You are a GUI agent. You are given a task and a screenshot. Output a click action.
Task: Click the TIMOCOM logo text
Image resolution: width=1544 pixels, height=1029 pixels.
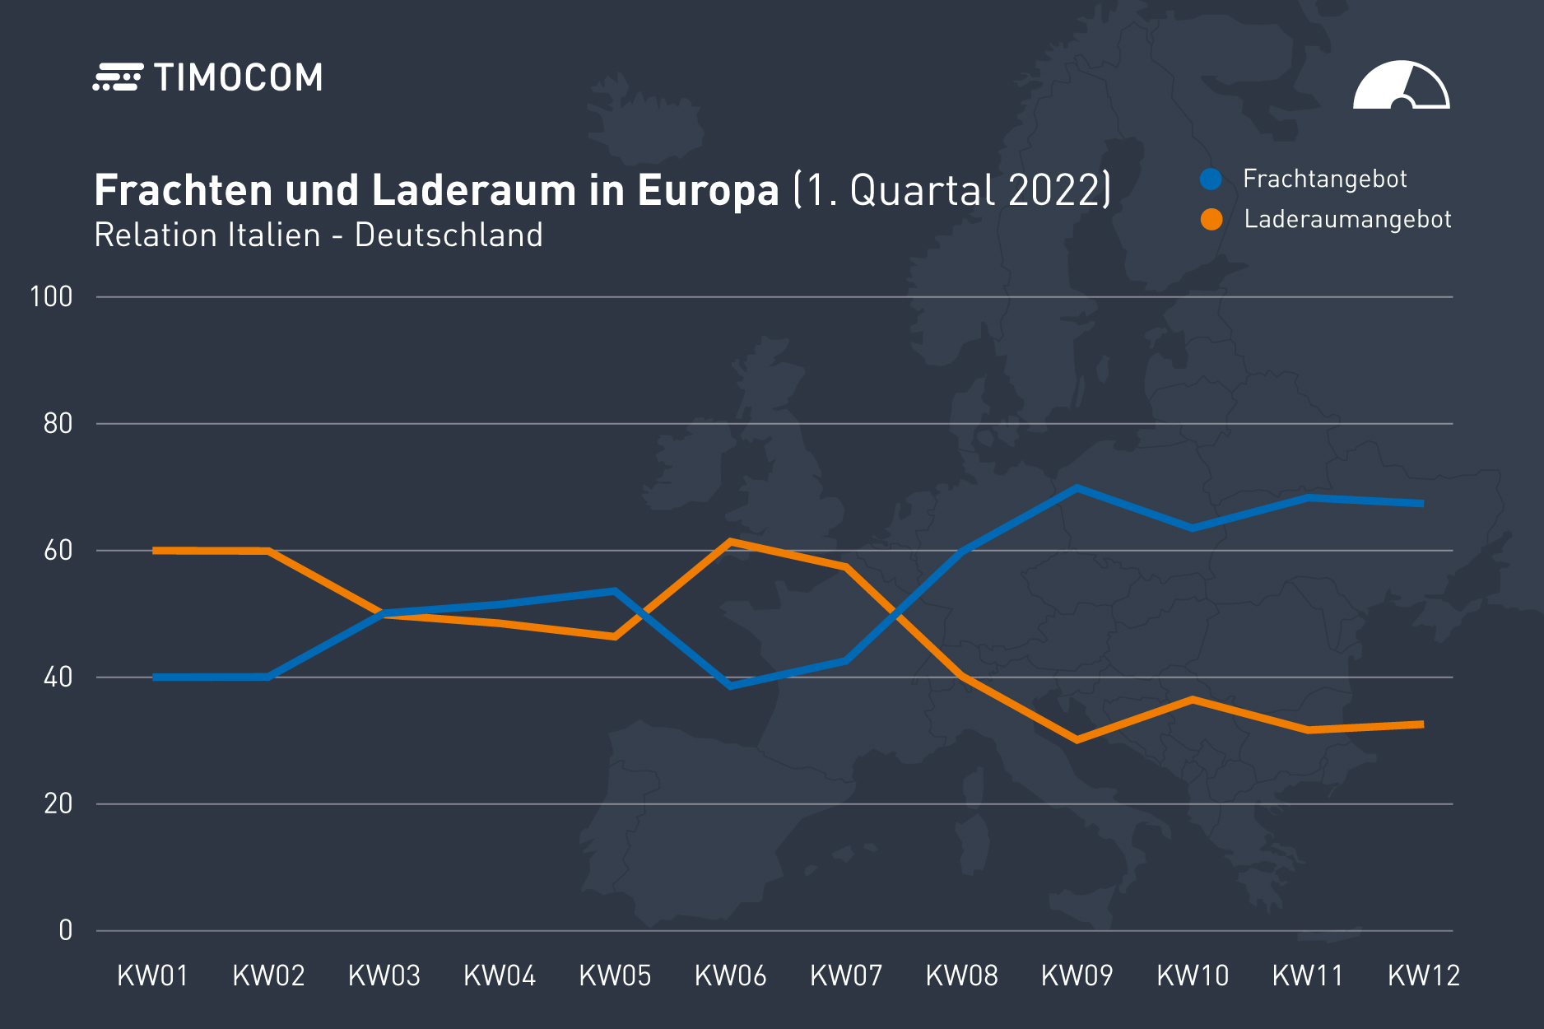point(238,78)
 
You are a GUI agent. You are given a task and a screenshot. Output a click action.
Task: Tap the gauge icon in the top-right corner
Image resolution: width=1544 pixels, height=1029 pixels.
point(1401,86)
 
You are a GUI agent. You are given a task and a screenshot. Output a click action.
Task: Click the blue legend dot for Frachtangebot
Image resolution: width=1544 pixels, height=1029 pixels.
point(1211,179)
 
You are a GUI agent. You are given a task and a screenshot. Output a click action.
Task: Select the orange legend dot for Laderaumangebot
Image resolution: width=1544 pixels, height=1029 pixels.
point(1211,219)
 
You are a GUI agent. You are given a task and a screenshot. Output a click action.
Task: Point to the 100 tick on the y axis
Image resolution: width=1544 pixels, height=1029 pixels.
point(51,296)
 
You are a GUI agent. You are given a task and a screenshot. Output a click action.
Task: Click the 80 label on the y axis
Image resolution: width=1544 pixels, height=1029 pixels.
point(58,423)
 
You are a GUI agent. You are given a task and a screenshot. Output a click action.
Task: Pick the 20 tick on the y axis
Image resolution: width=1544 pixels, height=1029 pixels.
point(58,803)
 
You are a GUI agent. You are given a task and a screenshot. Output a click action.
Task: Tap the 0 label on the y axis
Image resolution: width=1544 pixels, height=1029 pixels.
point(66,930)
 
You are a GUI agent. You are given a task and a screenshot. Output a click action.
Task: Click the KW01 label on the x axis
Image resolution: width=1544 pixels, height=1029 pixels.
point(153,975)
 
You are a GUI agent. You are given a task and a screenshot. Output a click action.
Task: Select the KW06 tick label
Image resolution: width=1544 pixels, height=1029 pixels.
point(731,975)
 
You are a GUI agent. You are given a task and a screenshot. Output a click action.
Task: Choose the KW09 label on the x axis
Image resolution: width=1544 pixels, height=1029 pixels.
point(1077,975)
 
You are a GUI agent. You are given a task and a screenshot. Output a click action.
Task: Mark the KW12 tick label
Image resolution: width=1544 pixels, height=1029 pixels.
point(1424,975)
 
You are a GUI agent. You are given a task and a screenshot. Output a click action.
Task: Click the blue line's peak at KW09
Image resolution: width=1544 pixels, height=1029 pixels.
point(1077,487)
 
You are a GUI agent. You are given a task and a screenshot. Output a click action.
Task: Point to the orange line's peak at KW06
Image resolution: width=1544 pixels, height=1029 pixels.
point(731,541)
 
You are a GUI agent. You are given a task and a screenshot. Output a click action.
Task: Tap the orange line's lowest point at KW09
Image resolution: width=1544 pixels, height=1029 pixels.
point(1077,740)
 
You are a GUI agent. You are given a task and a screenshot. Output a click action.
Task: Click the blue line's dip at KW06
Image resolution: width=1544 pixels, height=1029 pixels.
point(731,686)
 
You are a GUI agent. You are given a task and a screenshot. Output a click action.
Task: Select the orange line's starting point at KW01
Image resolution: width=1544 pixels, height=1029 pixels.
point(155,550)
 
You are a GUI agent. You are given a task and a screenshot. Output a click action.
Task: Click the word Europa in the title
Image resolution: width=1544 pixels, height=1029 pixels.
point(708,190)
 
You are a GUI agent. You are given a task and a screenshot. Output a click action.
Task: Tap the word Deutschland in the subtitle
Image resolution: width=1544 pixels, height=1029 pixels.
point(449,235)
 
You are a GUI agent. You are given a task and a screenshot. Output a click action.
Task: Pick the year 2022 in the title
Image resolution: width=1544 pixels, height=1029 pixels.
point(1054,190)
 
